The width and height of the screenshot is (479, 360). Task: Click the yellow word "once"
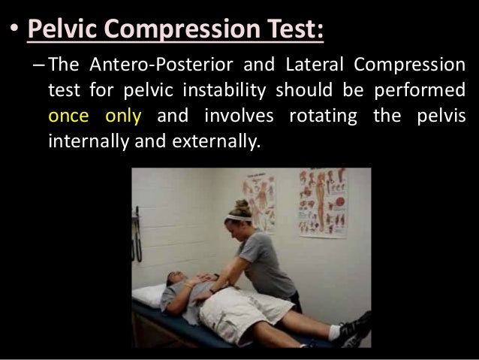[x=70, y=116]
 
